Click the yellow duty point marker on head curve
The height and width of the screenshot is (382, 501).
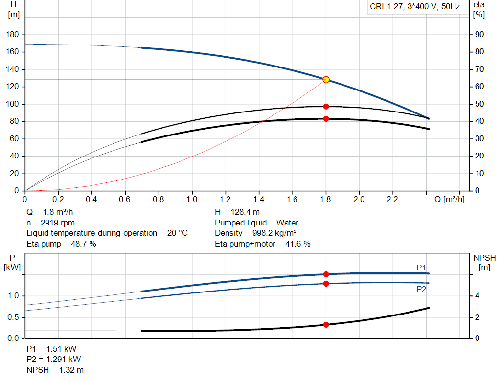[x=326, y=80]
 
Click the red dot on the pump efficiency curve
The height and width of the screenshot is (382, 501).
[x=326, y=106]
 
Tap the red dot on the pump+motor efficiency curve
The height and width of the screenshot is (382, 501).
[x=326, y=118]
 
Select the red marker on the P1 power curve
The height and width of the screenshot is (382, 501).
[x=326, y=274]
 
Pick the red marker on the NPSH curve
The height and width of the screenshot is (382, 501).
[x=326, y=324]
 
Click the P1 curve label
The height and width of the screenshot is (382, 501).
[x=421, y=267]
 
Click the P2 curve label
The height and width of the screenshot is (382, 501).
[x=421, y=289]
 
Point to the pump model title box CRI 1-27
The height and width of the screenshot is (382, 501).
[x=415, y=8]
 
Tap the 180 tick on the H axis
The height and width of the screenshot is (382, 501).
[x=13, y=35]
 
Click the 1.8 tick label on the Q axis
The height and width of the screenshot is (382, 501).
[x=326, y=200]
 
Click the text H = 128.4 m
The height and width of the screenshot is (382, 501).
[x=237, y=212]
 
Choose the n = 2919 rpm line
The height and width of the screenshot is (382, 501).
[x=51, y=223]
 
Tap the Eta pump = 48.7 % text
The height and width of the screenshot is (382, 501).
[x=61, y=244]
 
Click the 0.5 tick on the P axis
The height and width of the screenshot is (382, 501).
[x=13, y=317]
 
